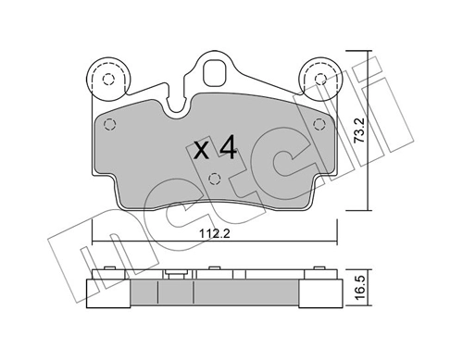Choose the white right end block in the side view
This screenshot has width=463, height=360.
[x=320, y=294]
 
